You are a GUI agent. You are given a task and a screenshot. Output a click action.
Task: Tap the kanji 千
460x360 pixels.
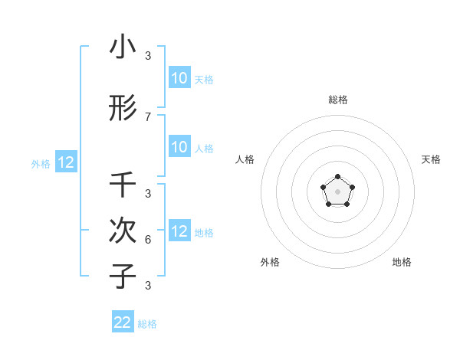click(x=123, y=185)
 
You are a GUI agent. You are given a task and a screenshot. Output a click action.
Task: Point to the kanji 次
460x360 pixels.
click(x=123, y=230)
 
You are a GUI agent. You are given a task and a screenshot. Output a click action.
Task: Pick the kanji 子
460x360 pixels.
click(x=123, y=276)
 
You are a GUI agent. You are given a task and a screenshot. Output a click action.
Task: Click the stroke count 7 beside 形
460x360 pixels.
click(x=148, y=116)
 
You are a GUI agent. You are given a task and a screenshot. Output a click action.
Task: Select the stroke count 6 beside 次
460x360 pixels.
click(x=148, y=239)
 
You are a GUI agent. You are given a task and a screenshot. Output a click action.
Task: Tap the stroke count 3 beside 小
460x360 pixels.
click(x=148, y=56)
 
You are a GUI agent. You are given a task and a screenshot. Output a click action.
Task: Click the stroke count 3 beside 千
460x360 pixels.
click(x=148, y=193)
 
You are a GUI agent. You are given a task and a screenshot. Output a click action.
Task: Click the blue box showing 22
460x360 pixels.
click(x=123, y=322)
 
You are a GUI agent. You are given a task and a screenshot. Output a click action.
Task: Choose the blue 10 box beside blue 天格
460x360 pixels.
click(x=179, y=77)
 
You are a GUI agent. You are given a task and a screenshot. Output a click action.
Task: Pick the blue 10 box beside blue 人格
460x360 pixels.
click(x=179, y=147)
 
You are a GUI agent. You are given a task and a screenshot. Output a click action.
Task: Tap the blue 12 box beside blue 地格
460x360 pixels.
click(x=179, y=231)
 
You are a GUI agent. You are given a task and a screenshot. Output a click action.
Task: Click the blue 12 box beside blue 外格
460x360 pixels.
click(x=65, y=162)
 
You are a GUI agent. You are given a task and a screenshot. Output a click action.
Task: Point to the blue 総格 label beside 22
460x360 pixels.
click(x=147, y=324)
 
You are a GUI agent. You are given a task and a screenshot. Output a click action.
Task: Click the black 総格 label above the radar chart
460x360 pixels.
click(x=337, y=100)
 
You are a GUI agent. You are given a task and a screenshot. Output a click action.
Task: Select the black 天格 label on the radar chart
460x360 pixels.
click(x=431, y=159)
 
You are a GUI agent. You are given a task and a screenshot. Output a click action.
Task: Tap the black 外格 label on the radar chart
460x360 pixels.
click(x=270, y=262)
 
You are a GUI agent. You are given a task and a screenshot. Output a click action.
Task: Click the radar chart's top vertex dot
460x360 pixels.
click(x=337, y=177)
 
